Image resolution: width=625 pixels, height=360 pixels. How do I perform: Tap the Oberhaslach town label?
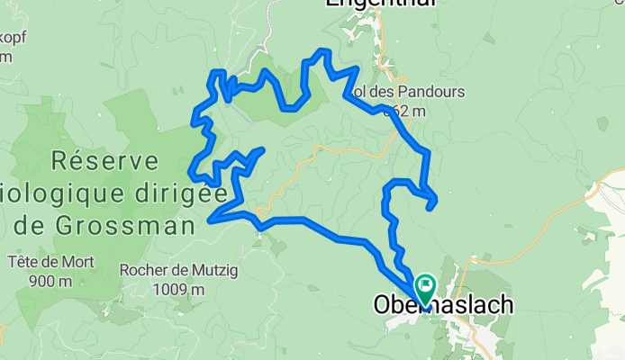(443, 306)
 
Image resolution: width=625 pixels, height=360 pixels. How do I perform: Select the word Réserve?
(106, 161)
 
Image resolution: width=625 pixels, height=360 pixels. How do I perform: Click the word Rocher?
(142, 269)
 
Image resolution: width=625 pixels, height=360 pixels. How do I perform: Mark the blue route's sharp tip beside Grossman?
(210, 219)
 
